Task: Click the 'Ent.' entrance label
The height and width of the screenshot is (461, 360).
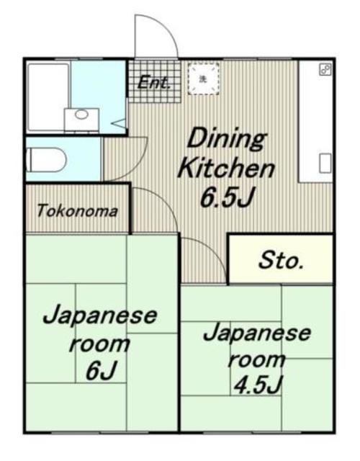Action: coord(154,82)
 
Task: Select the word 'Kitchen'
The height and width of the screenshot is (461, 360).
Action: coord(226,169)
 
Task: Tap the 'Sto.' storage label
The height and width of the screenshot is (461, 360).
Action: coord(281,261)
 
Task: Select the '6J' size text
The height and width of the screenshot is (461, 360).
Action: coord(99,372)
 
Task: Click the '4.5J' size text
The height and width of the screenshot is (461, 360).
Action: coord(256,385)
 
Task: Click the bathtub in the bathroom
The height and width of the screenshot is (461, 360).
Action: coord(48,97)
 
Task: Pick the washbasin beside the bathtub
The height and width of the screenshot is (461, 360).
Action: coord(82,116)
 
